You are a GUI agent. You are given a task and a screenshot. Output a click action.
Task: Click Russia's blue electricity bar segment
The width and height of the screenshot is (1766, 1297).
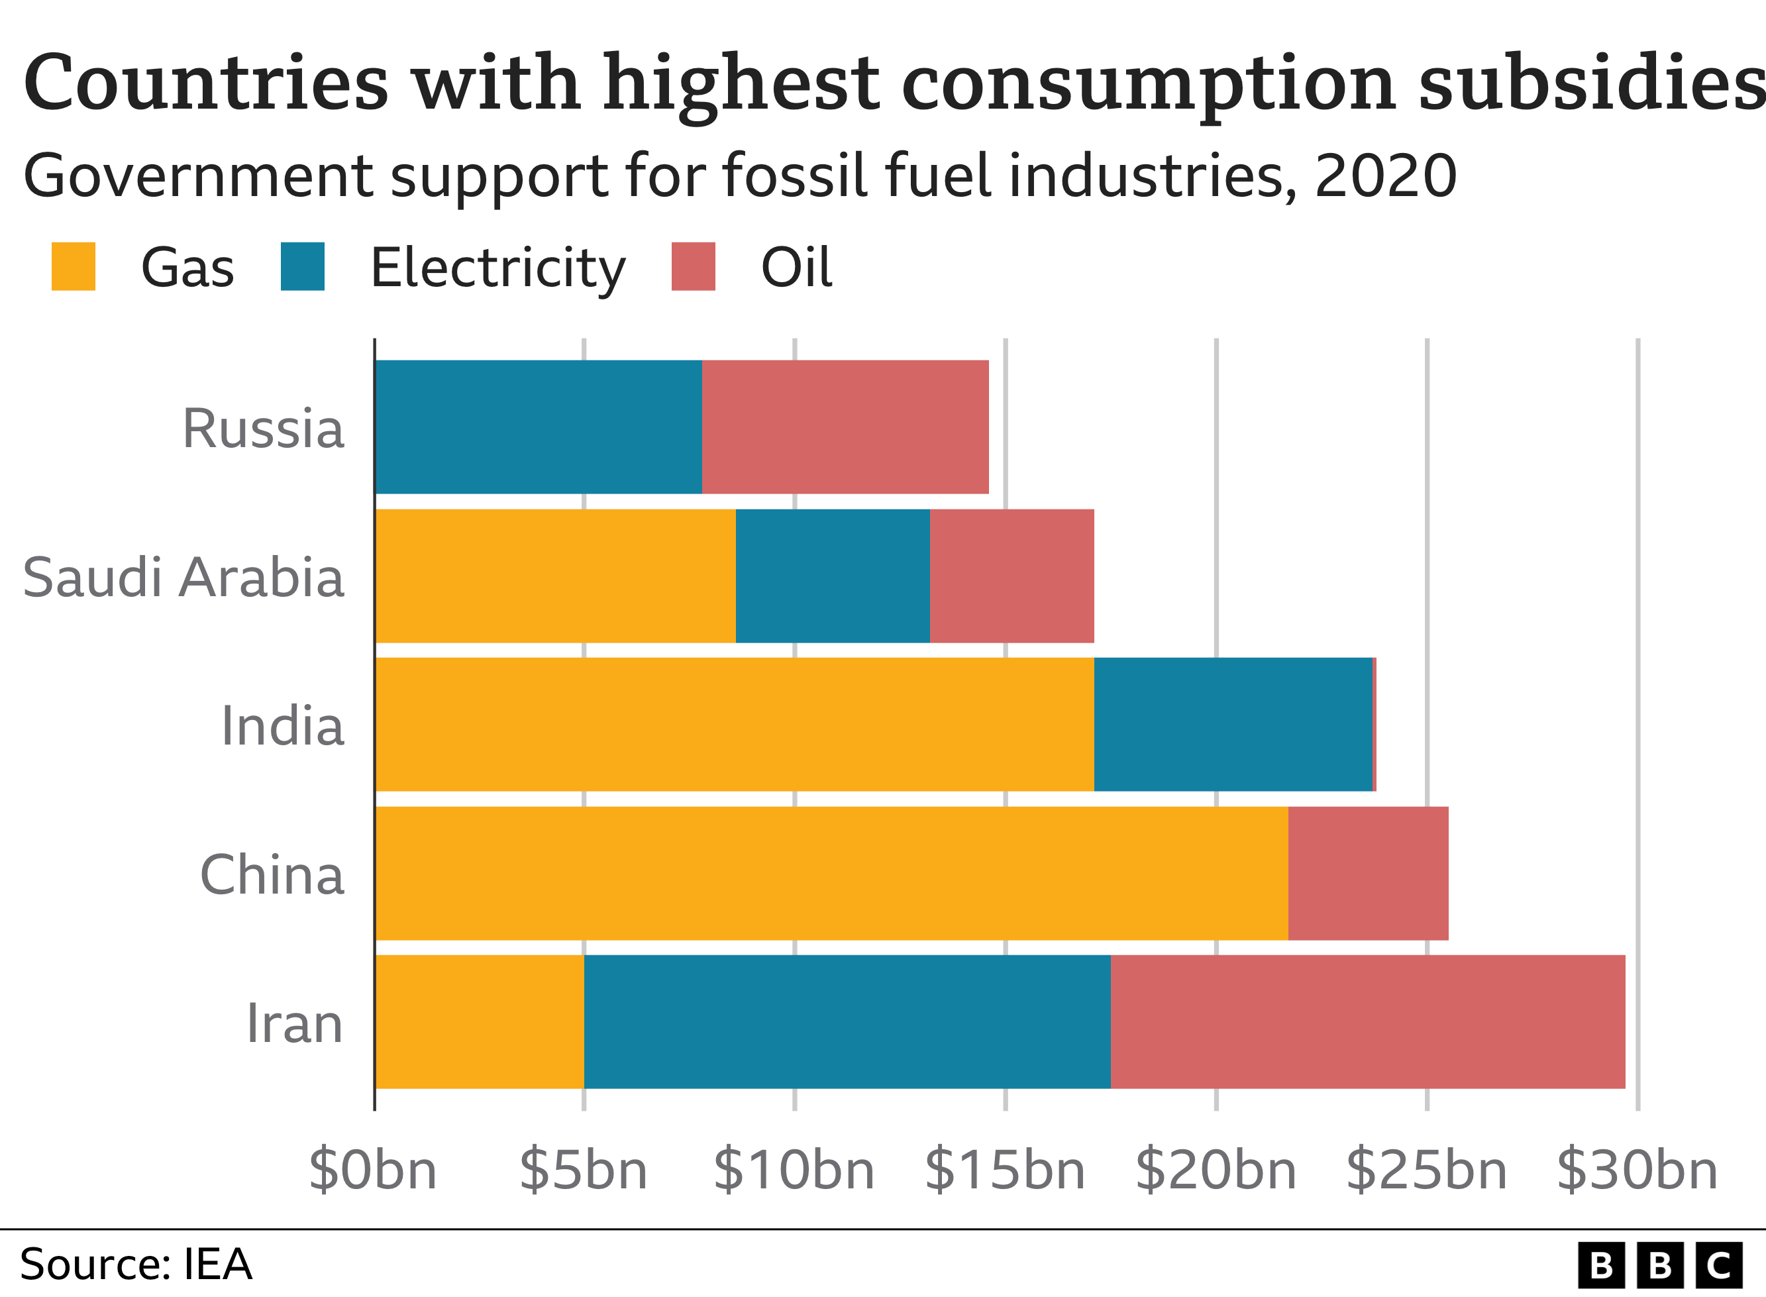[x=539, y=427]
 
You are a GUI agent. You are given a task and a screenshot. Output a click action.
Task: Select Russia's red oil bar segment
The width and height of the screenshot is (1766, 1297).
[x=845, y=427]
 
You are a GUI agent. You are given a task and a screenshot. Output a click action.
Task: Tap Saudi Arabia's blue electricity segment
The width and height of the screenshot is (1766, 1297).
[x=833, y=576]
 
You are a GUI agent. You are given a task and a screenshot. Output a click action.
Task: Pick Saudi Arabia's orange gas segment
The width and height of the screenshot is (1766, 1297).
[x=556, y=576]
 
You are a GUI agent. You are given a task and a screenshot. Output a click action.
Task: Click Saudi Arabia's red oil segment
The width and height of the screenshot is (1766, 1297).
[x=1012, y=576]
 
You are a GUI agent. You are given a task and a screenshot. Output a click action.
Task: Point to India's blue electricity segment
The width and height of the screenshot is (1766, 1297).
[x=1233, y=724]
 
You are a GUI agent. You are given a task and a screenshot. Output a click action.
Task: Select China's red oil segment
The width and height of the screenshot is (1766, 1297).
[x=1368, y=873]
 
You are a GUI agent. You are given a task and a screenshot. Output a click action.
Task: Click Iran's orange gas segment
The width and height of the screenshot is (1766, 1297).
[x=480, y=1021]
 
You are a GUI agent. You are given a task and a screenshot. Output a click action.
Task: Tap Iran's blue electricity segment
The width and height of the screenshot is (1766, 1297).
[x=847, y=1021]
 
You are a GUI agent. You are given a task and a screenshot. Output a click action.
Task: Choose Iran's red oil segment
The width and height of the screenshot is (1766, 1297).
[x=1368, y=1021]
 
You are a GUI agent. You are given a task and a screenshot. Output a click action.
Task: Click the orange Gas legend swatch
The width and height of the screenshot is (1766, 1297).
[x=73, y=266]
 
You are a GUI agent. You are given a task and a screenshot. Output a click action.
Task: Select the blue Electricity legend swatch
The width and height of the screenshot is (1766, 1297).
[x=302, y=266]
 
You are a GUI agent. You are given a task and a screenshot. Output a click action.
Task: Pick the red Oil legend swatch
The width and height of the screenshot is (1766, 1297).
[x=693, y=266]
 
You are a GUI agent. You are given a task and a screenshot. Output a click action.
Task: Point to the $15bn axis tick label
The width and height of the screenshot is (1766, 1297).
[x=1005, y=1170]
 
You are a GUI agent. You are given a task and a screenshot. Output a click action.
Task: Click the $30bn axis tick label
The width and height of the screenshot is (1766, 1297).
[x=1637, y=1170]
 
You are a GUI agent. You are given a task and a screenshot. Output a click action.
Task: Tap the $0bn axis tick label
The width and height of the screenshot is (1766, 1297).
[x=373, y=1170]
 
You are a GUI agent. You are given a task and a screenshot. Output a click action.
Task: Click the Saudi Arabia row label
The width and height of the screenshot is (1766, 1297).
[x=183, y=577]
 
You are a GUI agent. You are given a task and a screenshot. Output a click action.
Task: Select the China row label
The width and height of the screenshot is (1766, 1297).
[x=272, y=874]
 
